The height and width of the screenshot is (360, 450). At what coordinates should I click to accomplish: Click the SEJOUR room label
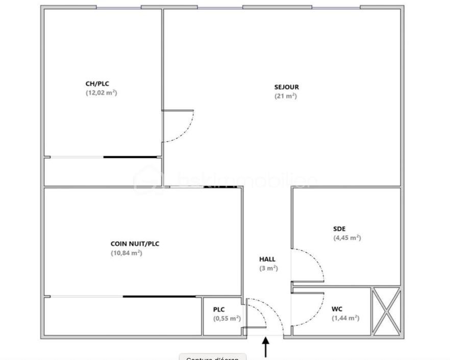286,87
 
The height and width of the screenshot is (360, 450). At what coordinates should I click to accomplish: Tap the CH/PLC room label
97,84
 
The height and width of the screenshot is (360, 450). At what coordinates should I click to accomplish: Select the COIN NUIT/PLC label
135,244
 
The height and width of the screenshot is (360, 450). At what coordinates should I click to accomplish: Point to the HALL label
267,259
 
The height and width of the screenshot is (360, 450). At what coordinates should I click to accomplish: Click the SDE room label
339,229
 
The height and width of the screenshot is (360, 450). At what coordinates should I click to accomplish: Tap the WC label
337,309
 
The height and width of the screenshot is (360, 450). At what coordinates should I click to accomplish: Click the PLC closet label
219,309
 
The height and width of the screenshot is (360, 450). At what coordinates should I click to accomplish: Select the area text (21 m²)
286,96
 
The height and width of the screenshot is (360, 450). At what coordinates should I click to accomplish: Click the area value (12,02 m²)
102,93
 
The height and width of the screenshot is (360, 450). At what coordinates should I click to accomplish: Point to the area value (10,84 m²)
127,253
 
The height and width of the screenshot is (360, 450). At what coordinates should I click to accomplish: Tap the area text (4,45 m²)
347,237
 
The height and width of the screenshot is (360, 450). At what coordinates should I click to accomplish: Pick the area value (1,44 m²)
345,318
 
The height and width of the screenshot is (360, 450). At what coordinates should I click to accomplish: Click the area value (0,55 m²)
227,318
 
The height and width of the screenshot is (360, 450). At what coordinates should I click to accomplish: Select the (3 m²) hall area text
268,268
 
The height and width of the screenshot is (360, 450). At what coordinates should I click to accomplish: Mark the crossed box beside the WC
386,311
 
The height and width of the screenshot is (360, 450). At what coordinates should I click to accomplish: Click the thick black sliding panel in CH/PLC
131,157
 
